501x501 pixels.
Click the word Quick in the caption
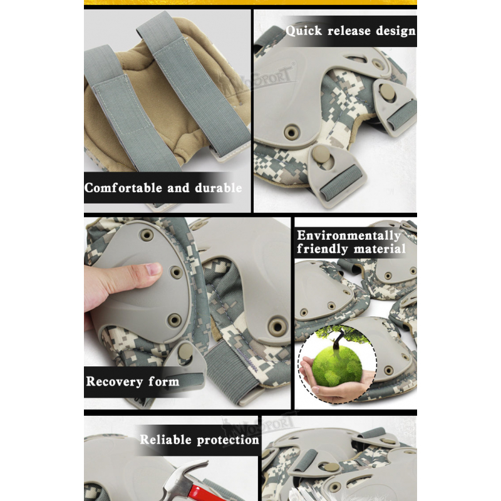tap(304, 31)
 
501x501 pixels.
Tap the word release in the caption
tap(349, 31)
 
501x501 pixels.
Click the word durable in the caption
tap(218, 187)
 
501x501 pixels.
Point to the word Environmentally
tap(349, 236)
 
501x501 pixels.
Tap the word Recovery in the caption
tap(115, 381)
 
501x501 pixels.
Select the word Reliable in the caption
tap(165, 440)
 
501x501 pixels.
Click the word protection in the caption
tap(228, 440)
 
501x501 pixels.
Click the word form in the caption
tap(163, 381)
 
